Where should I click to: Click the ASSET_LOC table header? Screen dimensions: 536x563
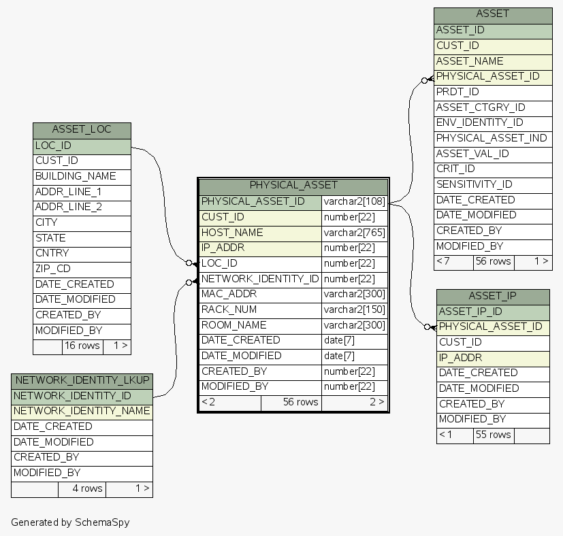point(82,130)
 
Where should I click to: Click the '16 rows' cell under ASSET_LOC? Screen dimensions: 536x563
point(82,346)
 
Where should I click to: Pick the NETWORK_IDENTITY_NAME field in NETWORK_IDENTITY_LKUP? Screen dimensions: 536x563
point(82,411)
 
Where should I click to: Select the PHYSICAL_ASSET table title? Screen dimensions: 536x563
point(293,185)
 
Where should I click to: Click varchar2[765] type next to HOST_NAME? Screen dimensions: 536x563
point(354,233)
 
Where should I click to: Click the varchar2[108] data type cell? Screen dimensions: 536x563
point(354,201)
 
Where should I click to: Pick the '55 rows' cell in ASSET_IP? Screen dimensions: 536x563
point(493,435)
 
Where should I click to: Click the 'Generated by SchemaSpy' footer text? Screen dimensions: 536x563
point(70,522)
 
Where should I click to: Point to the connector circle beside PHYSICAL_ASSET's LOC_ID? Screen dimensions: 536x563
point(189,263)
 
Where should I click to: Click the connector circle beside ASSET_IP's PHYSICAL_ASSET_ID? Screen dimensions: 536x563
point(427,327)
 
